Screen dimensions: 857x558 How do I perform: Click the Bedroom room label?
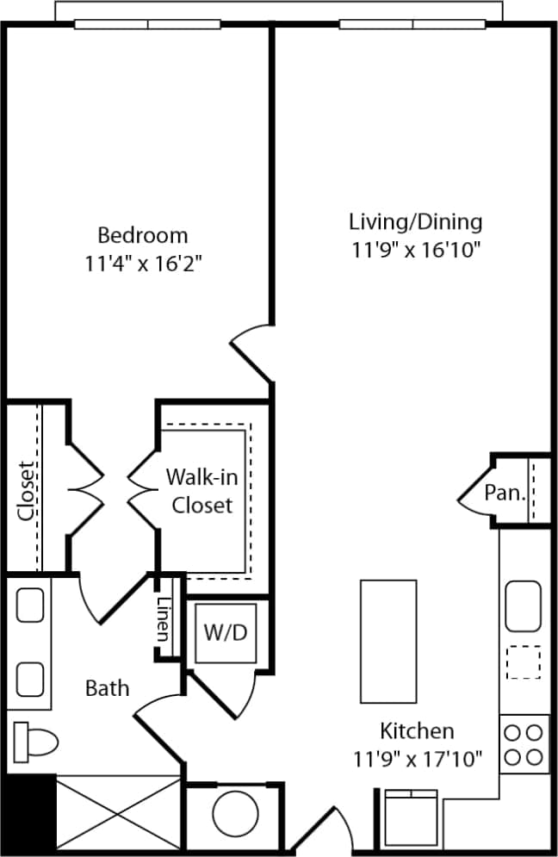[x=142, y=234]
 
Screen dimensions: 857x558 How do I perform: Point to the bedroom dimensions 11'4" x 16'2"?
[x=142, y=262]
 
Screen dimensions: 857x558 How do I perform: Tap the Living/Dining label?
[x=415, y=221]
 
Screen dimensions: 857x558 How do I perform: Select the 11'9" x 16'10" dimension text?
[x=415, y=250]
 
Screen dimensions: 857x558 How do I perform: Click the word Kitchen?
[x=417, y=731]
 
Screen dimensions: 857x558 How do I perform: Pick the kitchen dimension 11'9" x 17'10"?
[x=417, y=759]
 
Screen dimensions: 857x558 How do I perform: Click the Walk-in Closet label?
[x=202, y=489]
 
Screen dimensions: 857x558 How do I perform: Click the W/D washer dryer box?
[x=225, y=632]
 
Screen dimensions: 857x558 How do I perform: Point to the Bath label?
[x=108, y=687]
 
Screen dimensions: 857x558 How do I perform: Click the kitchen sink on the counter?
[x=523, y=605]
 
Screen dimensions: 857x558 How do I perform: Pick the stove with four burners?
[x=524, y=745]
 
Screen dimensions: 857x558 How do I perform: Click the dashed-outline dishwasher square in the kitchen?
[x=523, y=662]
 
